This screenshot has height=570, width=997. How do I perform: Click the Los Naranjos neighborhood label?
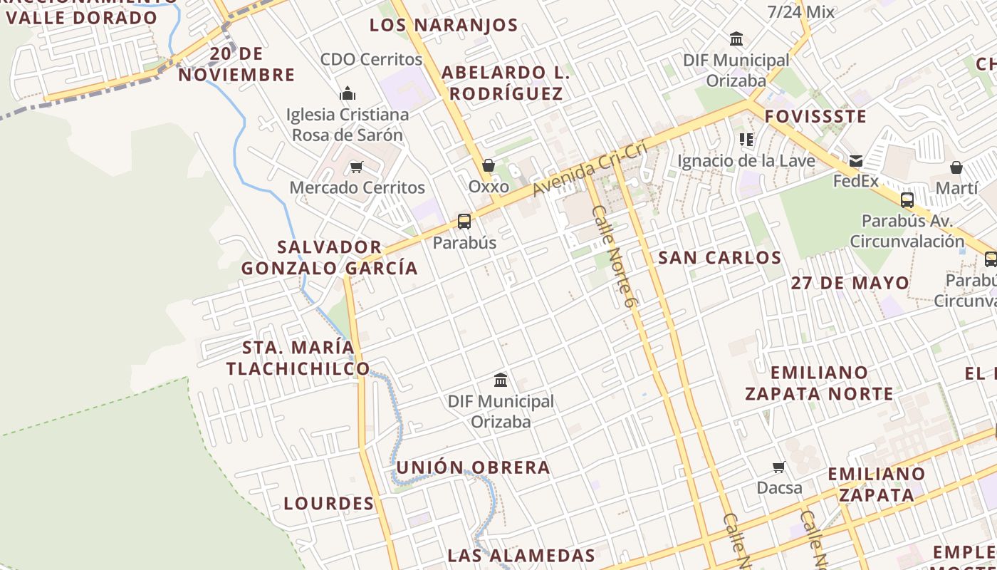click(x=444, y=25)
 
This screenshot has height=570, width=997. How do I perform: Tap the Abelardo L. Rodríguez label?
click(x=506, y=83)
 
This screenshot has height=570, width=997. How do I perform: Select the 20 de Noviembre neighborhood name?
click(x=236, y=64)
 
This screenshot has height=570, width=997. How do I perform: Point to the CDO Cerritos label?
click(x=371, y=59)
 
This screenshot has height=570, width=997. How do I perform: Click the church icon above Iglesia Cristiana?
click(x=348, y=93)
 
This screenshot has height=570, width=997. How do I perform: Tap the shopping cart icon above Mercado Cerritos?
click(x=356, y=167)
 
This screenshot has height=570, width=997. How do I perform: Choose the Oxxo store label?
click(x=489, y=187)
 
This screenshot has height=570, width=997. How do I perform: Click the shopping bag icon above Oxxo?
click(x=489, y=166)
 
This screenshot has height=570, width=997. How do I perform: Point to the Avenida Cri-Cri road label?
click(x=590, y=169)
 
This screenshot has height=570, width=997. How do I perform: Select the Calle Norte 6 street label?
click(x=613, y=257)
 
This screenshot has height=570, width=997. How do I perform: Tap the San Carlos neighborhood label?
click(x=719, y=258)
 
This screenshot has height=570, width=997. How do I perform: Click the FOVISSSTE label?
click(x=815, y=116)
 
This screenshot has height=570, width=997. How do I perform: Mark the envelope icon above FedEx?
click(x=855, y=161)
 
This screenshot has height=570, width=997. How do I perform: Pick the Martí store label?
click(x=956, y=188)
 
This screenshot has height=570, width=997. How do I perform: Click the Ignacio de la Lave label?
click(x=746, y=161)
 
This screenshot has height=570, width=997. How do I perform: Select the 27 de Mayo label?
click(x=850, y=283)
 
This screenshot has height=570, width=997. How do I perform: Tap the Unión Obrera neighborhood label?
click(x=473, y=467)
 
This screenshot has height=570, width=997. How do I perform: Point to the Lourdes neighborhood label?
click(x=329, y=504)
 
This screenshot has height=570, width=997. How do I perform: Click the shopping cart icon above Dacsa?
click(x=779, y=467)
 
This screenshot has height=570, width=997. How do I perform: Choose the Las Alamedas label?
click(x=521, y=556)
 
